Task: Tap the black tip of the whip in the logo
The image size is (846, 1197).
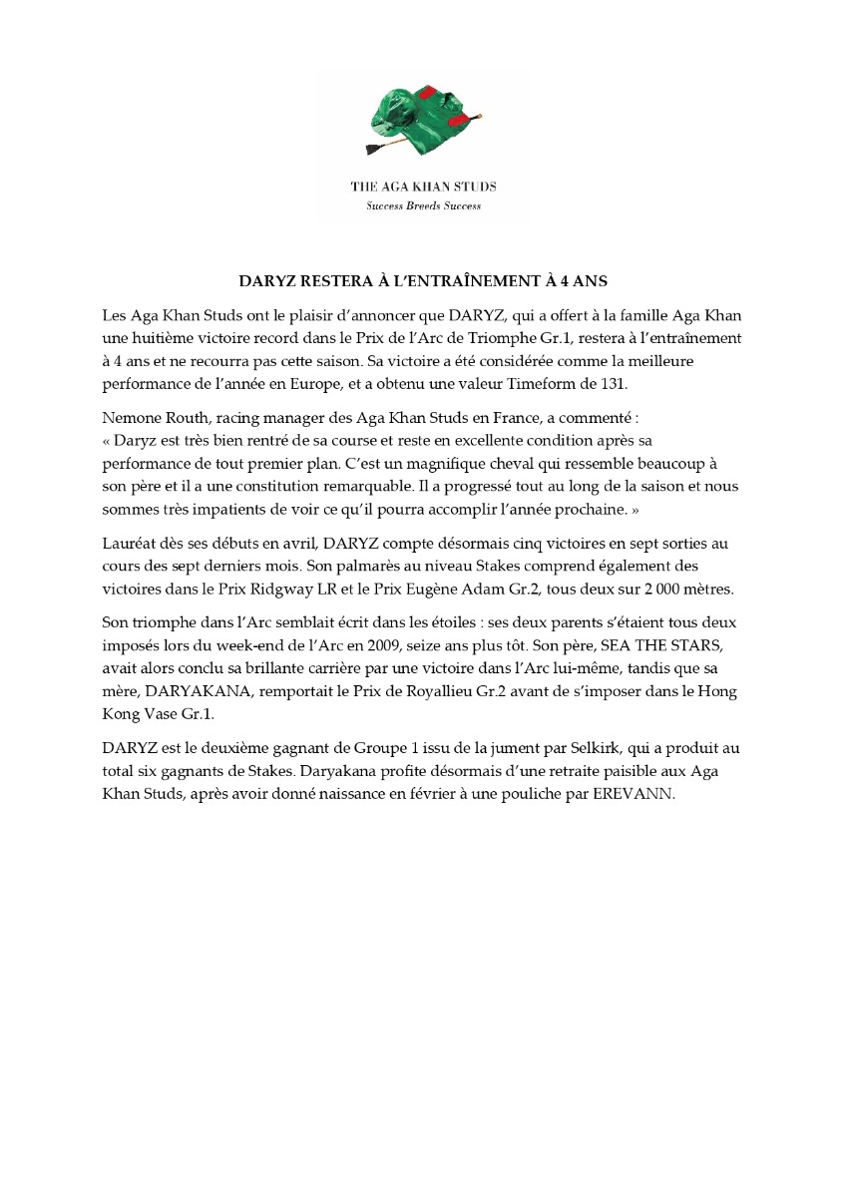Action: tap(373, 153)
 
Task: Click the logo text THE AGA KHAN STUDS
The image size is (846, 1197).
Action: tap(423, 187)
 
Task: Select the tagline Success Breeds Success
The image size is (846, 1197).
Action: tap(423, 205)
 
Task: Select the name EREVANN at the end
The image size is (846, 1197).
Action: tap(639, 793)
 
